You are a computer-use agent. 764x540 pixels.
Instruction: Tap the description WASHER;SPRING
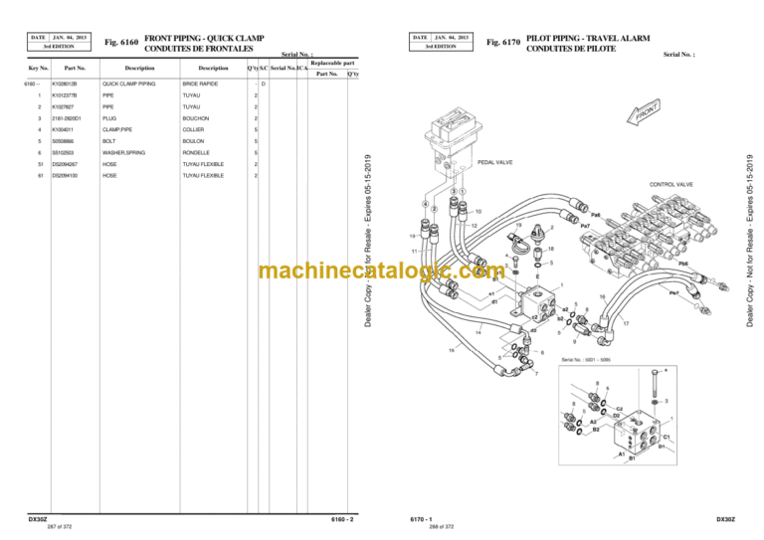click(123, 152)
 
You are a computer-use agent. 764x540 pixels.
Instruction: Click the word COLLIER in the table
click(193, 129)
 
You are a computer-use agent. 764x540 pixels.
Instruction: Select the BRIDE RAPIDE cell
click(199, 84)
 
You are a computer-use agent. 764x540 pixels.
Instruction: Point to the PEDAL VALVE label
click(495, 161)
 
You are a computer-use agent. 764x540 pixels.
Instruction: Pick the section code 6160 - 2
click(342, 519)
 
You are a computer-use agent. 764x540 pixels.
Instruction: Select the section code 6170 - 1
click(422, 519)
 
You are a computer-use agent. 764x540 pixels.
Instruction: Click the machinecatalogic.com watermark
click(380, 271)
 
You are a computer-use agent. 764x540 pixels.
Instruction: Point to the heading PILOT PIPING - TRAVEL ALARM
click(588, 38)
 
